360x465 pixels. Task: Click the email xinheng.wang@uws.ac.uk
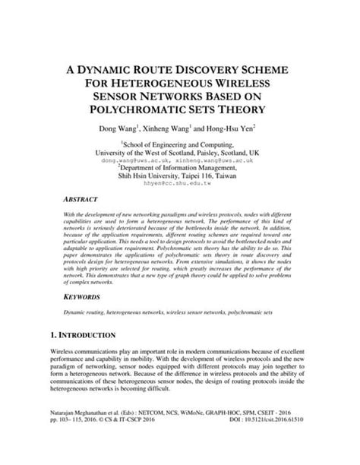(219, 162)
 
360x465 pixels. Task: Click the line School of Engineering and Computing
(181, 144)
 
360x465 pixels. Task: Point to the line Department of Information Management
(181, 169)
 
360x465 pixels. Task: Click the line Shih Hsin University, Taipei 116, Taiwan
(179, 176)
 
